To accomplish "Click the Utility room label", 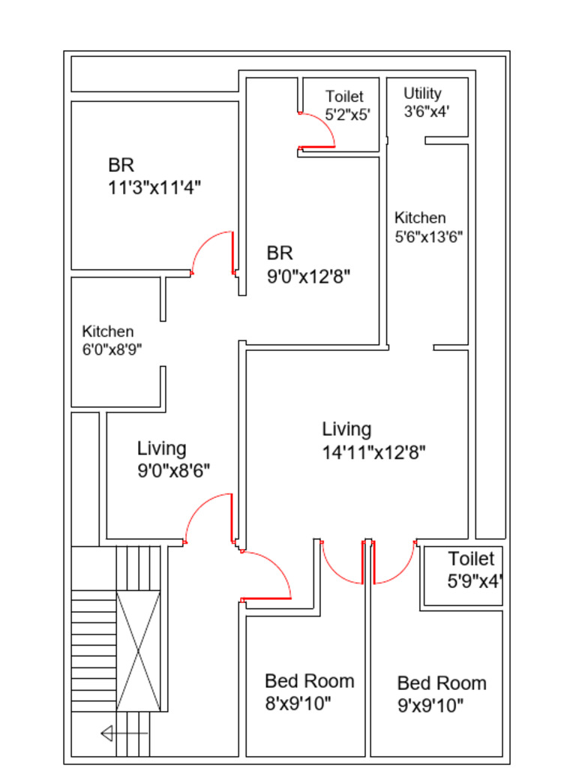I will (x=422, y=93).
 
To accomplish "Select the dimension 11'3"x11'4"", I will (x=154, y=187).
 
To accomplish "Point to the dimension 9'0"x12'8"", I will (x=309, y=276).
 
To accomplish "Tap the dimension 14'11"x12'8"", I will (x=374, y=452).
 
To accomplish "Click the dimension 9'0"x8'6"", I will (x=173, y=470).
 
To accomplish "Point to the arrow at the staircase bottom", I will (x=124, y=733).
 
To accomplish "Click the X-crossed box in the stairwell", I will (x=138, y=649).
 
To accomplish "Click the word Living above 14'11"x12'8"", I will (x=346, y=429).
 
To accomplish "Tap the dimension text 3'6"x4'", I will (x=426, y=112).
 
